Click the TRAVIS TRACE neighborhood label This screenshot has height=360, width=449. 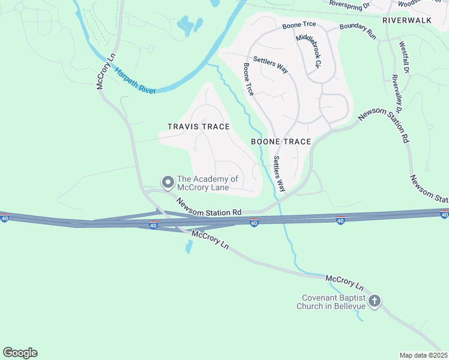click(x=198, y=127)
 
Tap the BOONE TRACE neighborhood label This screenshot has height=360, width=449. click(x=281, y=142)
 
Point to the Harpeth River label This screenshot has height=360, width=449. click(x=136, y=81)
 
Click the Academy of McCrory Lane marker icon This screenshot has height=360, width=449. click(x=167, y=181)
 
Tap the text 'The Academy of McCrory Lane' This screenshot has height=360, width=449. click(x=206, y=184)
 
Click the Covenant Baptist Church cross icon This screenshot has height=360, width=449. click(x=375, y=301)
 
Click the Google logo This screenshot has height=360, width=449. click(x=20, y=353)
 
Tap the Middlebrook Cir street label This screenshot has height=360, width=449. click(x=310, y=49)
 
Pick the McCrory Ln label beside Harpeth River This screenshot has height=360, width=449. click(x=106, y=73)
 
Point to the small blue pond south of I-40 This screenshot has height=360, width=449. click(x=190, y=246)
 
